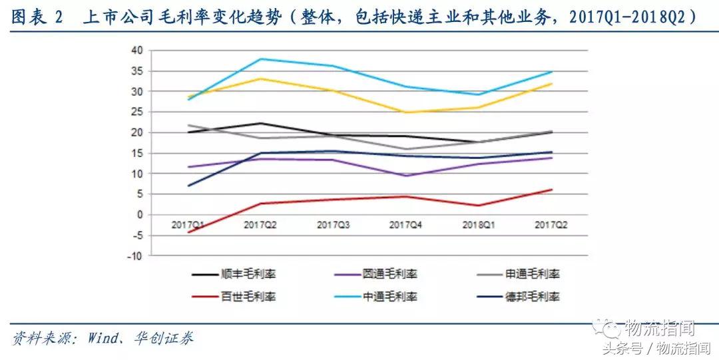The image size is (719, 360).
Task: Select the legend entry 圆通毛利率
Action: tap(390, 273)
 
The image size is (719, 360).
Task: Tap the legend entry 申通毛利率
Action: tap(533, 273)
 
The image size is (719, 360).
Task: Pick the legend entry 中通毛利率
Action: tap(390, 296)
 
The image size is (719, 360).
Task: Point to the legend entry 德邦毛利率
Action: tap(533, 296)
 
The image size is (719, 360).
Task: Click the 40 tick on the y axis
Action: tap(136, 51)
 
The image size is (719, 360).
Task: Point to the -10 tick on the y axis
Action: tap(135, 256)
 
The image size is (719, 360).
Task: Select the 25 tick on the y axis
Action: tap(136, 112)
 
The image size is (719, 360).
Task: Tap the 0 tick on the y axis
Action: tap(139, 215)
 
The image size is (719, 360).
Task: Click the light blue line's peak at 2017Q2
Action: tap(260, 59)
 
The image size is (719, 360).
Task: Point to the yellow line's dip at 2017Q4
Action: tap(406, 112)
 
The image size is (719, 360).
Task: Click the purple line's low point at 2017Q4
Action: tap(406, 176)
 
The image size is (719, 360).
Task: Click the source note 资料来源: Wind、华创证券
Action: tap(103, 337)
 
